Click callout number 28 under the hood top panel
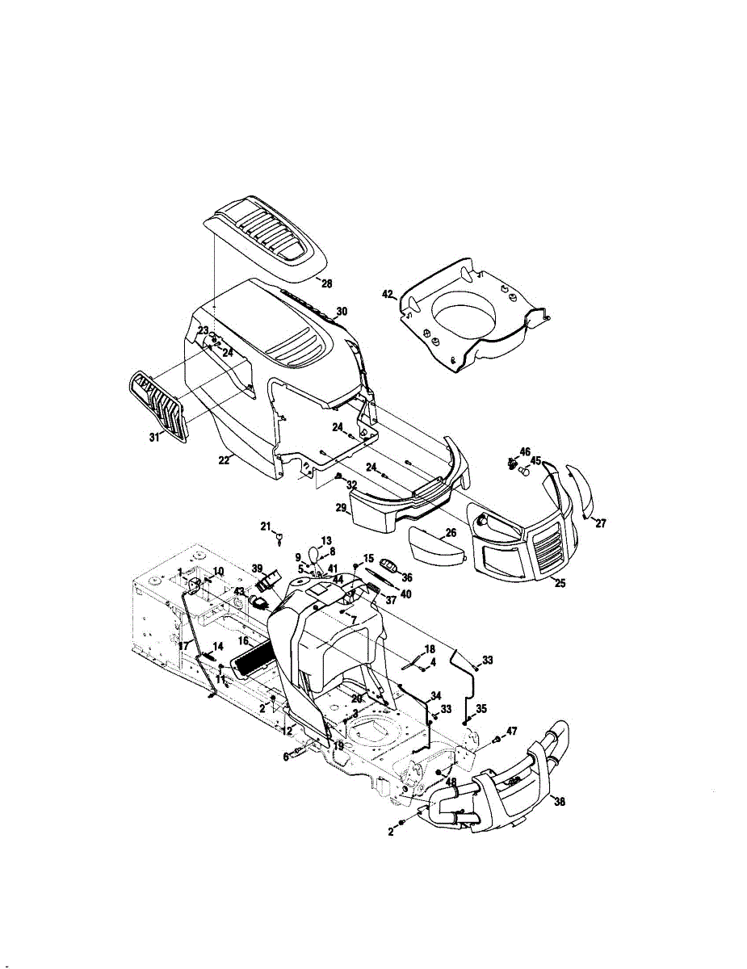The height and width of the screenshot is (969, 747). click(326, 283)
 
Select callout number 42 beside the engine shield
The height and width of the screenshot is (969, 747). click(387, 295)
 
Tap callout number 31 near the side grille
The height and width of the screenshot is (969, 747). click(153, 437)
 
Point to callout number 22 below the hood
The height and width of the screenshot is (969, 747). click(225, 459)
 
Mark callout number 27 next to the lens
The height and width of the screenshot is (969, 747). click(600, 523)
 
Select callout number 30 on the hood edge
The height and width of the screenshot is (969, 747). click(342, 311)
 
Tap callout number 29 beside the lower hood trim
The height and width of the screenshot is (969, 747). click(342, 508)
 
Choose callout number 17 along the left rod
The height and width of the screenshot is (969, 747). click(183, 646)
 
